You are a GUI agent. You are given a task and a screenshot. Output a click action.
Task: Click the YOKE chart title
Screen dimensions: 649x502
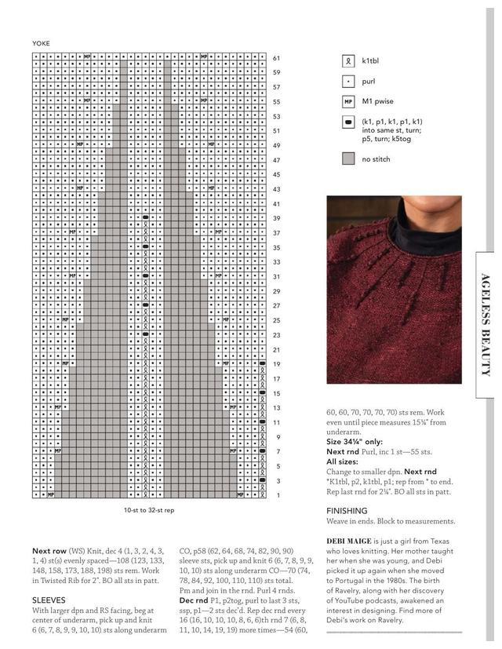[x=41, y=42]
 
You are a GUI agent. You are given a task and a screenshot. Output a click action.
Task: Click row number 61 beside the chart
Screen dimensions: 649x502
[x=276, y=58]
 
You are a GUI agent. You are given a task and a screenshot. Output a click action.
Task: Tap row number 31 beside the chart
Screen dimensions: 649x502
[x=276, y=276]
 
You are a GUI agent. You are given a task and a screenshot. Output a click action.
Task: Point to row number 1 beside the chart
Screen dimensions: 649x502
[x=278, y=495]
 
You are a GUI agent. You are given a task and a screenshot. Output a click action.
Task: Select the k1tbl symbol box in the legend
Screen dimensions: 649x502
[x=348, y=60]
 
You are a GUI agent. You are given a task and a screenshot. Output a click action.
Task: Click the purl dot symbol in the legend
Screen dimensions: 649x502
[x=348, y=81]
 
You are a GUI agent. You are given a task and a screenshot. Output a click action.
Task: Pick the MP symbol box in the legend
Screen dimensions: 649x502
[x=348, y=101]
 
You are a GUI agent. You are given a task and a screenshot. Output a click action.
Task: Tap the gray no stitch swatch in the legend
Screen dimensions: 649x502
[x=348, y=159]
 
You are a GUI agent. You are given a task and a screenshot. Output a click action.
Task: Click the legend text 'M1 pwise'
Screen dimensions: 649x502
[x=378, y=101]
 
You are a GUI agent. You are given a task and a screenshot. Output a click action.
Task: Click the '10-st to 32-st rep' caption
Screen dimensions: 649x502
[x=148, y=511]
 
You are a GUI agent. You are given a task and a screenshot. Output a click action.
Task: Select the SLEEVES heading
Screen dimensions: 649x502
[x=49, y=600]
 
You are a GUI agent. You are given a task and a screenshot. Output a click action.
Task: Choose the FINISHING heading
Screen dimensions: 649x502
[x=347, y=510]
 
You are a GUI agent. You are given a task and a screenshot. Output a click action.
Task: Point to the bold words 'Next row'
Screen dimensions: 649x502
[x=49, y=551]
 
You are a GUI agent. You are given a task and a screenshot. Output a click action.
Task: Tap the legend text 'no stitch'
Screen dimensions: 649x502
[x=376, y=159]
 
